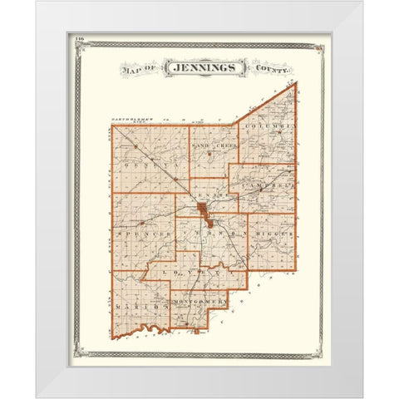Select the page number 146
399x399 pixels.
80,39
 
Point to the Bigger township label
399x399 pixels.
273,235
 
